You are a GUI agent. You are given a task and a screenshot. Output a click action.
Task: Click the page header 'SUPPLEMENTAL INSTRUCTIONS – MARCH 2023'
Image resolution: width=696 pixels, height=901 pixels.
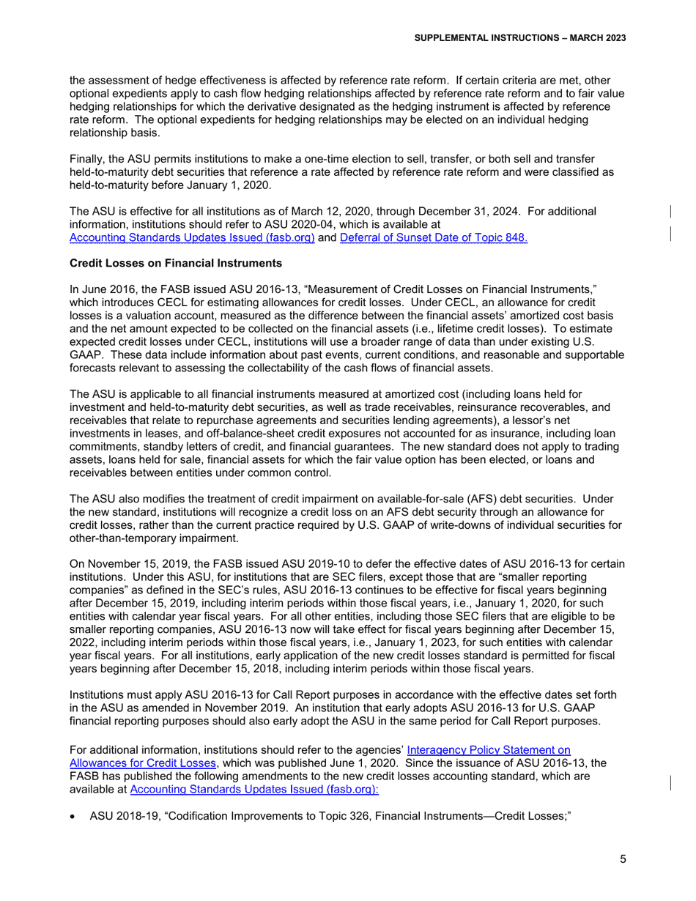point(519,37)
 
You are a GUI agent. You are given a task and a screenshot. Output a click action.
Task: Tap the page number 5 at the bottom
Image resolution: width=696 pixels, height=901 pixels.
point(623,860)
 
